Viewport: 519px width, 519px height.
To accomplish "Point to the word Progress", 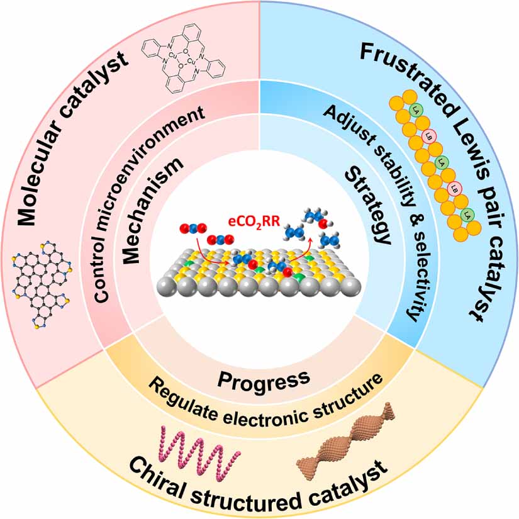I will click(x=264, y=377).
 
